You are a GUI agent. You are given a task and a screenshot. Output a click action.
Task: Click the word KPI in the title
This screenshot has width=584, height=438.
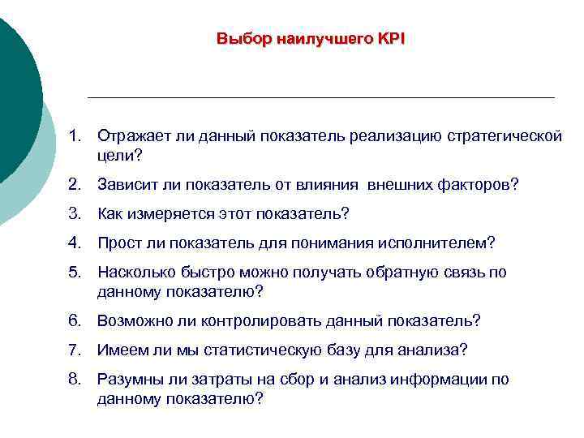[390, 39]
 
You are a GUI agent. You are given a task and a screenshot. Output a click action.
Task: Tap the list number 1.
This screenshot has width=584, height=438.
[74, 135]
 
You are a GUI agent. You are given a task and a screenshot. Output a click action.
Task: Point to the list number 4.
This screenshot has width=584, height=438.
[74, 243]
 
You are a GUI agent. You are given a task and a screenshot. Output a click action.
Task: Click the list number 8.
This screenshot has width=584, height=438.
[74, 379]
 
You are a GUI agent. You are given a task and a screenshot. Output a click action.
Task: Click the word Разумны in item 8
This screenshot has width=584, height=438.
[127, 379]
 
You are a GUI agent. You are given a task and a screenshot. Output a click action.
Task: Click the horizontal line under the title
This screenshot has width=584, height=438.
[320, 97]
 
